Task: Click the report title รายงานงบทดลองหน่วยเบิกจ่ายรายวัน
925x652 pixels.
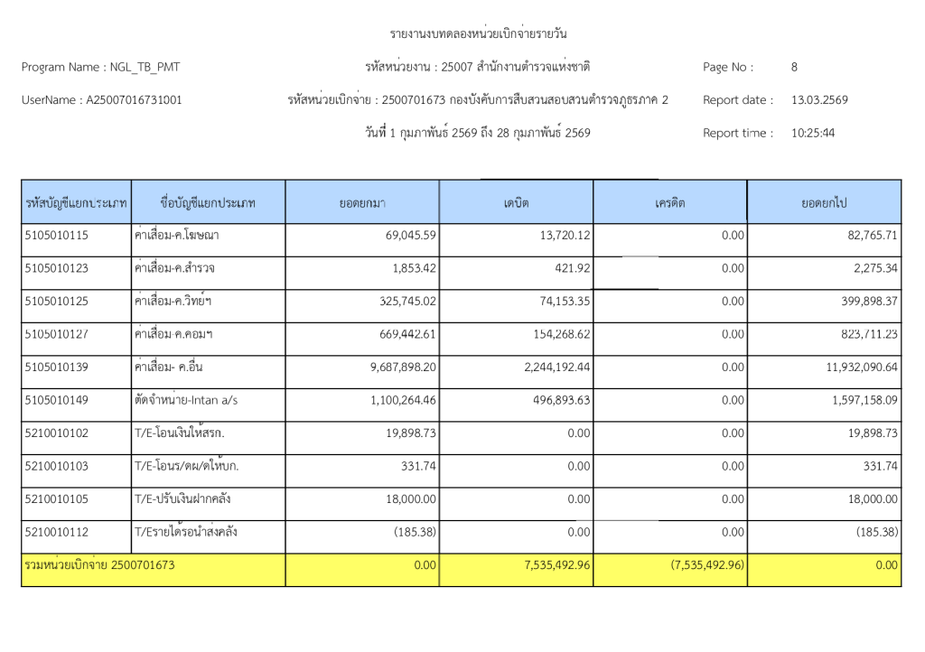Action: (x=479, y=34)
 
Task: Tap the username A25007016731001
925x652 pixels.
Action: (x=133, y=100)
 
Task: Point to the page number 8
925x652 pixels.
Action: (x=794, y=67)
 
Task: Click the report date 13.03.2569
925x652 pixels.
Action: (x=819, y=100)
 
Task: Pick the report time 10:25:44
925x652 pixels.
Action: (x=813, y=133)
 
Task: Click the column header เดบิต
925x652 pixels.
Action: (x=516, y=203)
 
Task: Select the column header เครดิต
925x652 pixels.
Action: (x=670, y=203)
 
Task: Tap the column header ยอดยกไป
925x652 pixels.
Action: (x=824, y=203)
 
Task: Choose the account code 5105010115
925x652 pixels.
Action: (x=57, y=236)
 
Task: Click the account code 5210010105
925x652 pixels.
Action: (x=57, y=498)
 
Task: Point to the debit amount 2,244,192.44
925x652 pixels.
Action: (x=544, y=368)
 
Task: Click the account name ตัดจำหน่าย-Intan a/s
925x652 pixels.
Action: (x=185, y=400)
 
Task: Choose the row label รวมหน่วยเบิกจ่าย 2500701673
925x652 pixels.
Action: (x=100, y=565)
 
